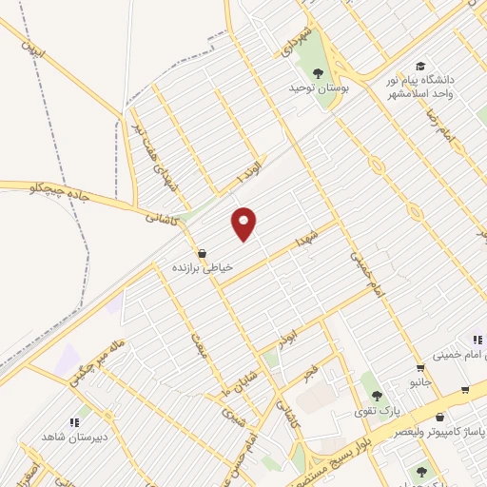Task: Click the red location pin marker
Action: click(x=243, y=223)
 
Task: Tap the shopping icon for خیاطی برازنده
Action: click(x=202, y=254)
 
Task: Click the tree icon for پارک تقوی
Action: click(x=378, y=396)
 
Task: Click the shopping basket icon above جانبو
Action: click(x=419, y=368)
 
